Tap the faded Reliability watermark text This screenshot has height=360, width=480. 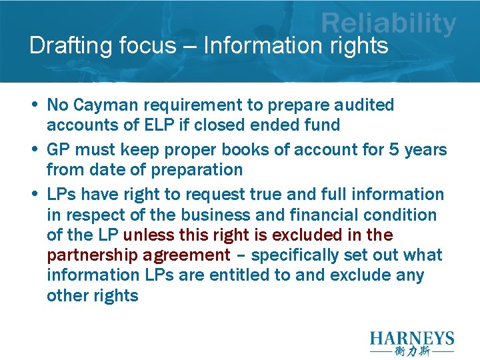coord(389,24)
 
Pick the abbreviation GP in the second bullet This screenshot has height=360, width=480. coord(59,149)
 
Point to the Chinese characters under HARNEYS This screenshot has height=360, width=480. coord(412,351)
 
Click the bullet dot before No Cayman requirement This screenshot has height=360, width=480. coord(33,105)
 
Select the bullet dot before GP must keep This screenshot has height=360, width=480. coord(33,149)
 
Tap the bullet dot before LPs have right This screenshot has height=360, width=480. coord(33,194)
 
